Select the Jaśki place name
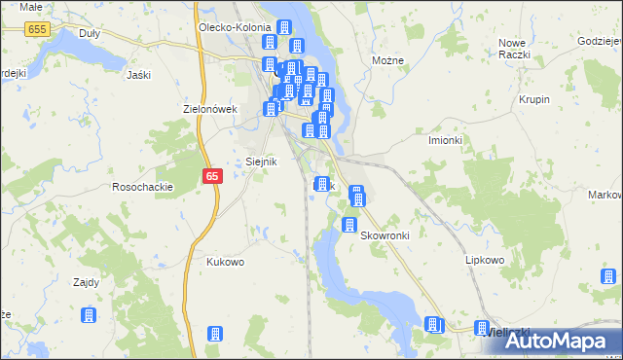coord(139,74)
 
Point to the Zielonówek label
coord(211,109)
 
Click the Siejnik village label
coord(260,162)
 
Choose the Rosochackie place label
coord(143,186)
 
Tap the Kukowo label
coord(225,262)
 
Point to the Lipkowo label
coord(484,261)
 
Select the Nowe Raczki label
coord(514,49)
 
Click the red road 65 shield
coord(214,176)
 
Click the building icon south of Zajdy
coord(88,315)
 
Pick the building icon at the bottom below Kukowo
coord(215,335)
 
